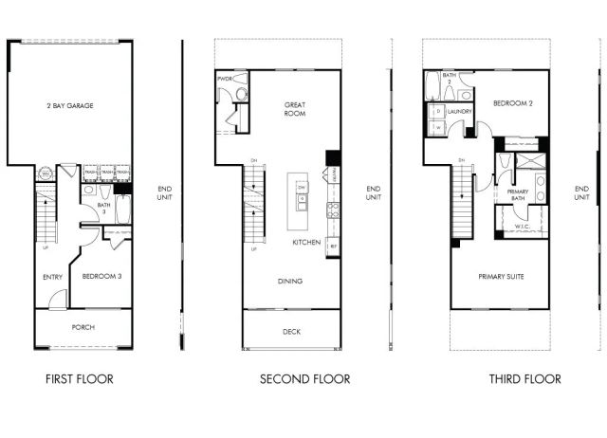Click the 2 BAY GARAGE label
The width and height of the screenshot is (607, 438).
coord(71,106)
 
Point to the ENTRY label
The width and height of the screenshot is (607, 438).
coord(52,277)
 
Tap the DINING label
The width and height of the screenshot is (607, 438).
coord(290,282)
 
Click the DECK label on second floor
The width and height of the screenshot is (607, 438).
coord(291,332)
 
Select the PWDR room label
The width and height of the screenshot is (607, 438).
coord(225,79)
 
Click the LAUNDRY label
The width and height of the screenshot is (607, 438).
coord(461,111)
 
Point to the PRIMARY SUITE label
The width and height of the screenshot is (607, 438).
coord(501,276)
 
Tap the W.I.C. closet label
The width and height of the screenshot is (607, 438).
coord(521,227)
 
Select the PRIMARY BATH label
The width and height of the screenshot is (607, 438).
coord(518,195)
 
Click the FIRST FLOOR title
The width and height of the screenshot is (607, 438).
coord(80,379)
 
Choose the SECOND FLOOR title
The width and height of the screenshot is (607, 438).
coord(304,379)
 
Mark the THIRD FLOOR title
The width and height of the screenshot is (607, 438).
coord(524,379)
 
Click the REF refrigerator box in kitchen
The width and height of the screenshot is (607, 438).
coord(333,245)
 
